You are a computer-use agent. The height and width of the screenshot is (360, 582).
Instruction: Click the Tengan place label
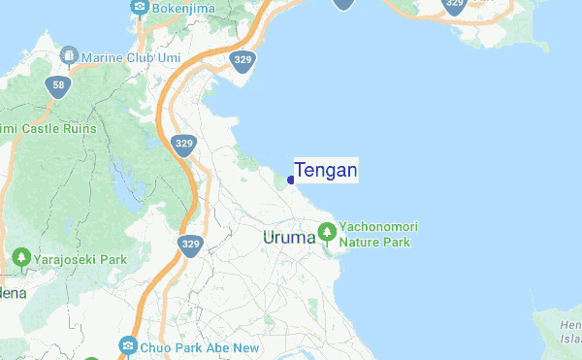(x=326, y=171)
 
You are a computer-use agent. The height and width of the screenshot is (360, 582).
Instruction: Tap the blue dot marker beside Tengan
(x=291, y=180)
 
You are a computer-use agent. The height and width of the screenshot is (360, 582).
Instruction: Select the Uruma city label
(x=289, y=237)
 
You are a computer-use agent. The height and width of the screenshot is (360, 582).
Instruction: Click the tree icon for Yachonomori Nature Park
(x=327, y=233)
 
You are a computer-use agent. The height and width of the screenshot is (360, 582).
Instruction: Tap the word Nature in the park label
(x=358, y=242)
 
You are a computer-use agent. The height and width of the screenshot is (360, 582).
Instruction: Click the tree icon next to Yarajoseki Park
(x=21, y=259)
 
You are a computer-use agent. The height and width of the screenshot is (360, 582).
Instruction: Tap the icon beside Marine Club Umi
(x=69, y=56)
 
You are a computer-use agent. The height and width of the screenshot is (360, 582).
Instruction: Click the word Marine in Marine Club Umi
(x=104, y=56)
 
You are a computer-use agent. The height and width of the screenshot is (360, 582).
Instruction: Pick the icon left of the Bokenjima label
(x=140, y=10)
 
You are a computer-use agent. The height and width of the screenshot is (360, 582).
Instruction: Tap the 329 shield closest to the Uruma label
(x=190, y=244)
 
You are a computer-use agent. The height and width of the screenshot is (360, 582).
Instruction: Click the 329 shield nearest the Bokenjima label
(x=243, y=61)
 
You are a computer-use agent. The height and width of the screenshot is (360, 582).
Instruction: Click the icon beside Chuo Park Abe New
(x=127, y=345)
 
